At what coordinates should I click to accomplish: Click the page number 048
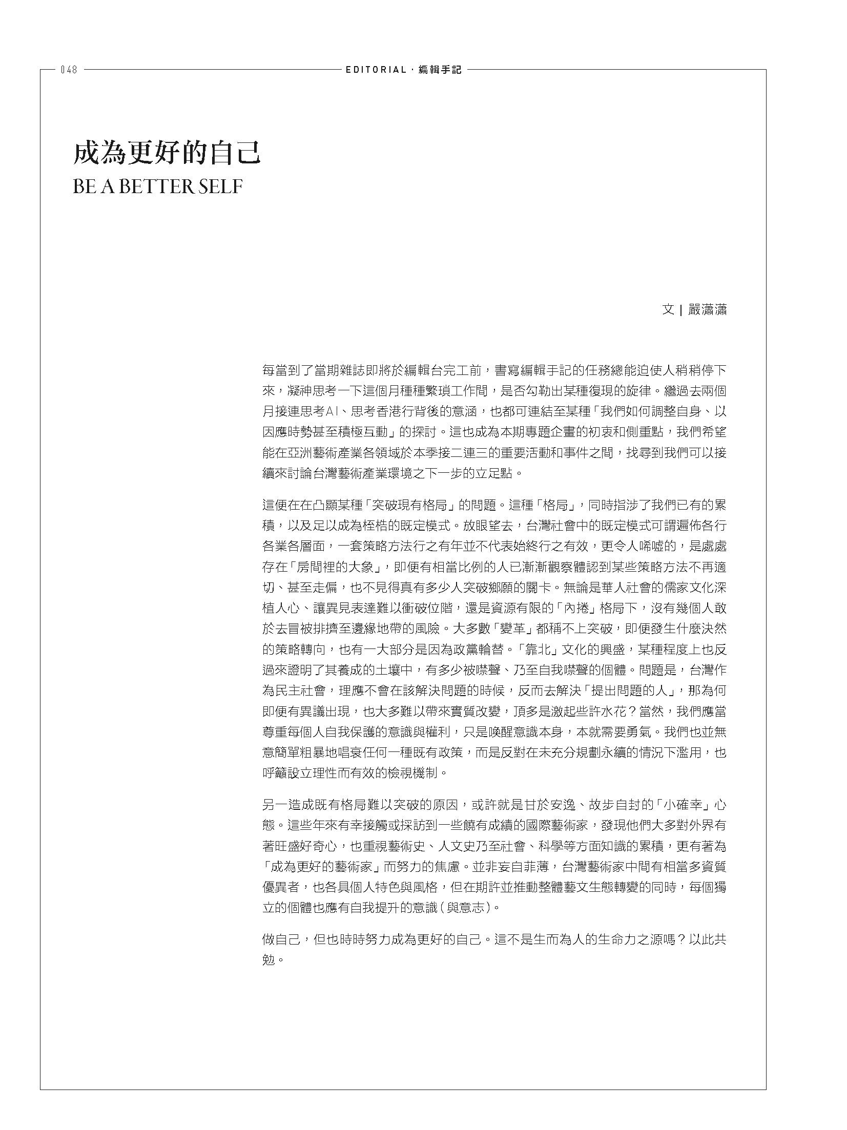pos(69,70)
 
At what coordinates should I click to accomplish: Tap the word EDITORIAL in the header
pos(376,70)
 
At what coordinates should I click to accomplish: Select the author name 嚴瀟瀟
pos(708,309)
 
